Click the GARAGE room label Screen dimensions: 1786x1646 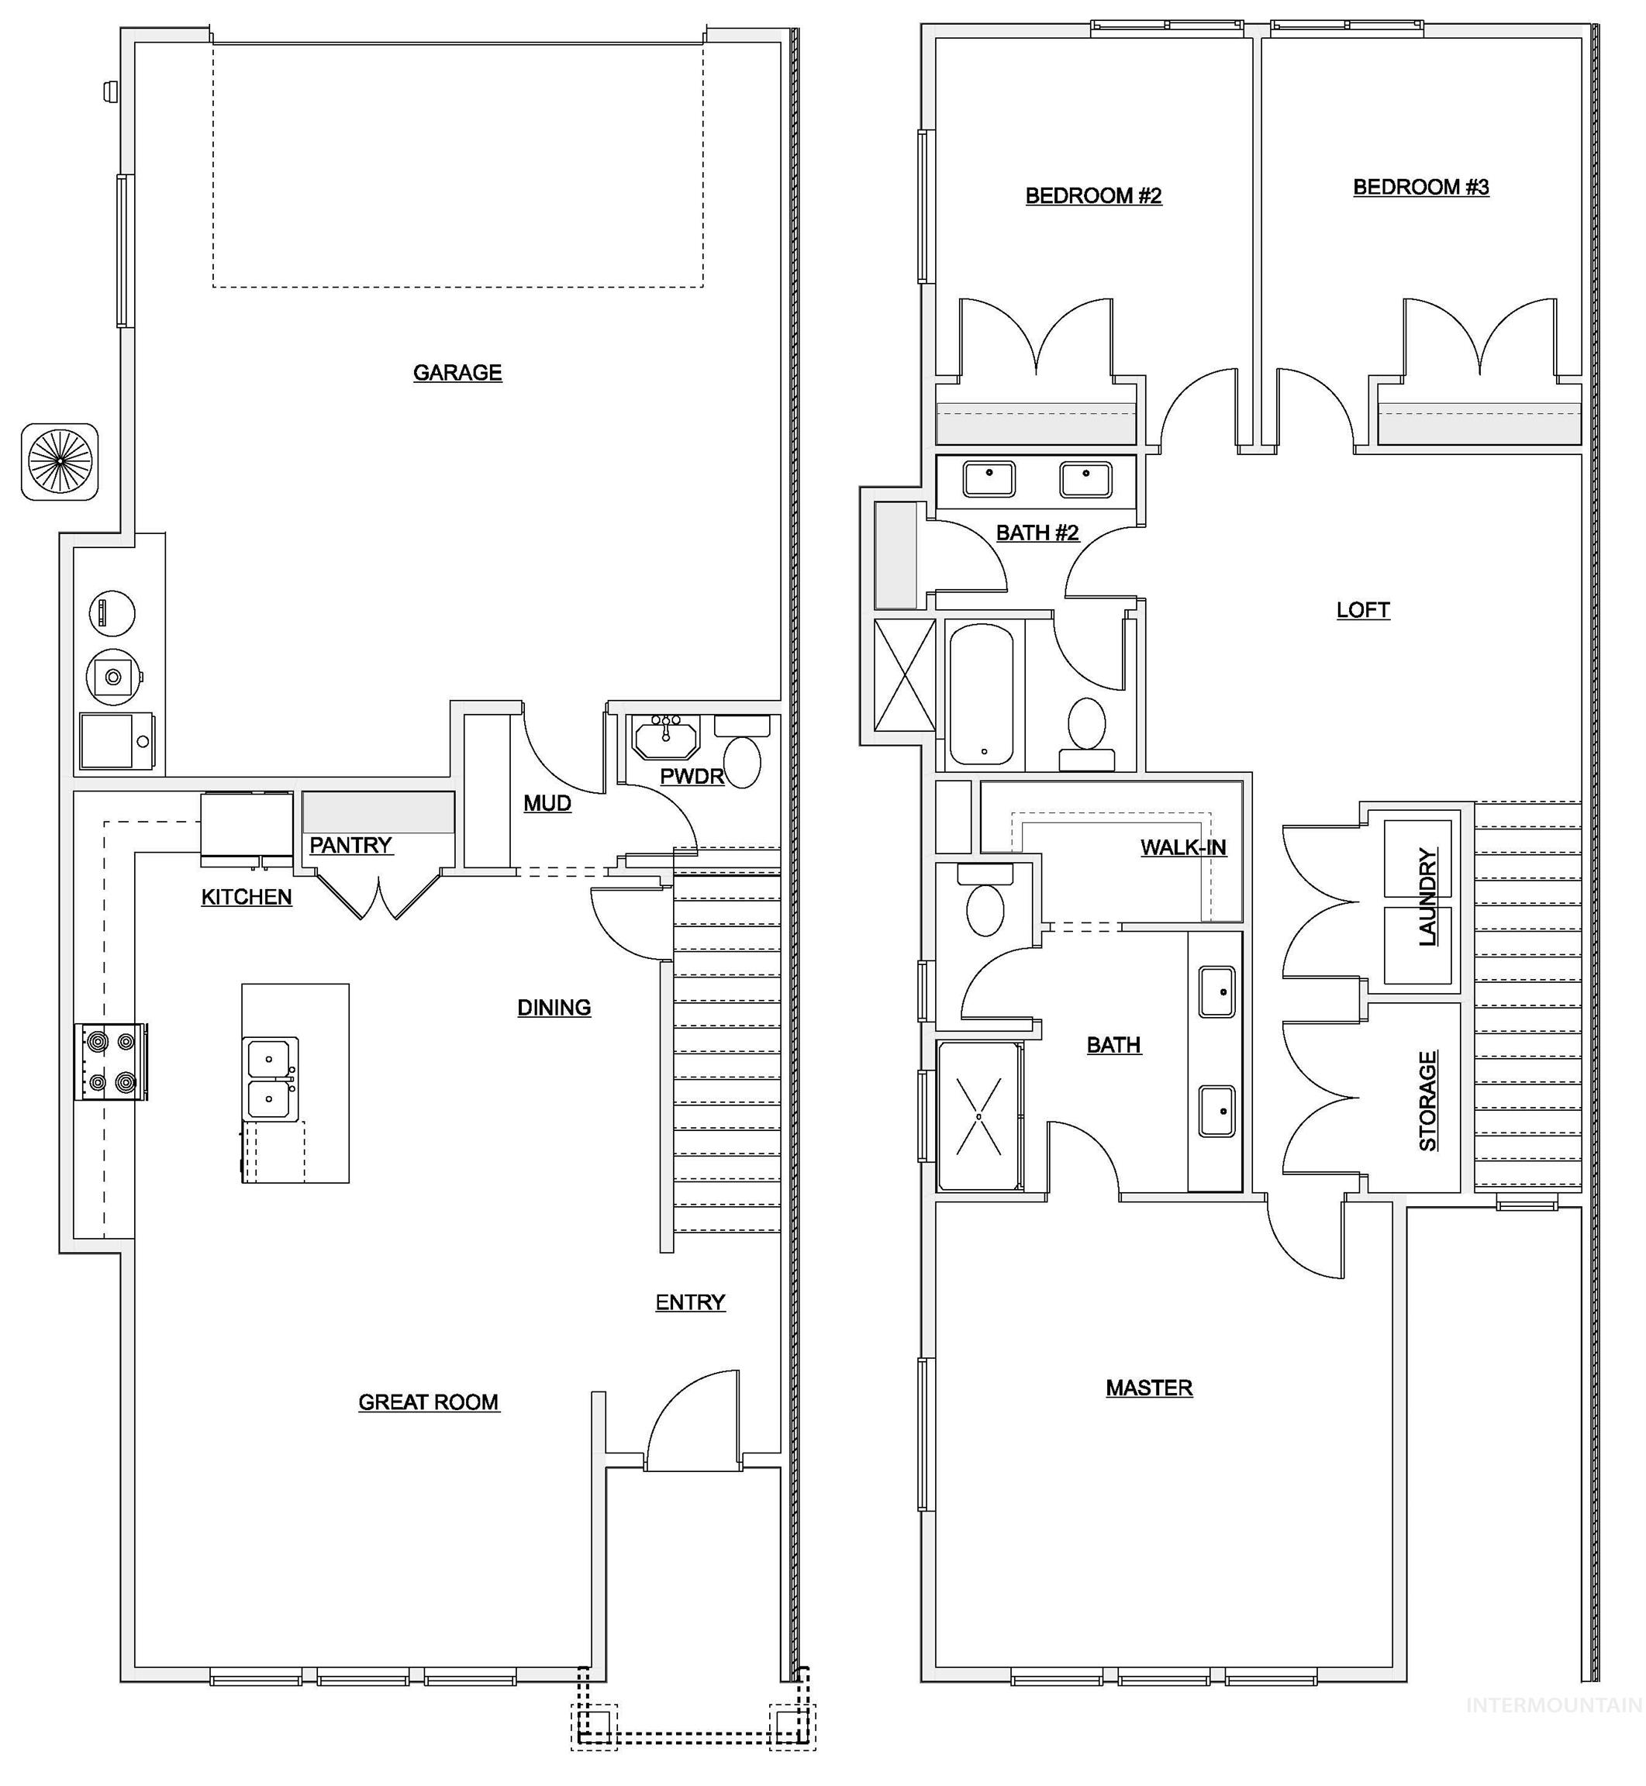click(x=457, y=372)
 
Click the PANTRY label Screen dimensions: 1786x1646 click(x=350, y=845)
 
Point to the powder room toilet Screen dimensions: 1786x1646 click(x=742, y=761)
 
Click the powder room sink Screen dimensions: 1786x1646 click(x=665, y=738)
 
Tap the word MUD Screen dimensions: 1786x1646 click(x=547, y=803)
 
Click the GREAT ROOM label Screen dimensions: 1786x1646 click(x=429, y=1402)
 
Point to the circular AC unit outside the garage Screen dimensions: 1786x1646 click(x=60, y=461)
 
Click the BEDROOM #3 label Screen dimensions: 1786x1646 click(x=1420, y=187)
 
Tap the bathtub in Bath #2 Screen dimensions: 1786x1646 click(x=981, y=695)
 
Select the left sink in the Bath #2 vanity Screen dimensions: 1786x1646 click(x=989, y=479)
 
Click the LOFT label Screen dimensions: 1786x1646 click(x=1363, y=610)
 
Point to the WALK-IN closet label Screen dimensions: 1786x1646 click(x=1183, y=847)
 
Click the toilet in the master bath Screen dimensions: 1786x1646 click(x=985, y=906)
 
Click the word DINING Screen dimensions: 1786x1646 click(x=554, y=1007)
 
